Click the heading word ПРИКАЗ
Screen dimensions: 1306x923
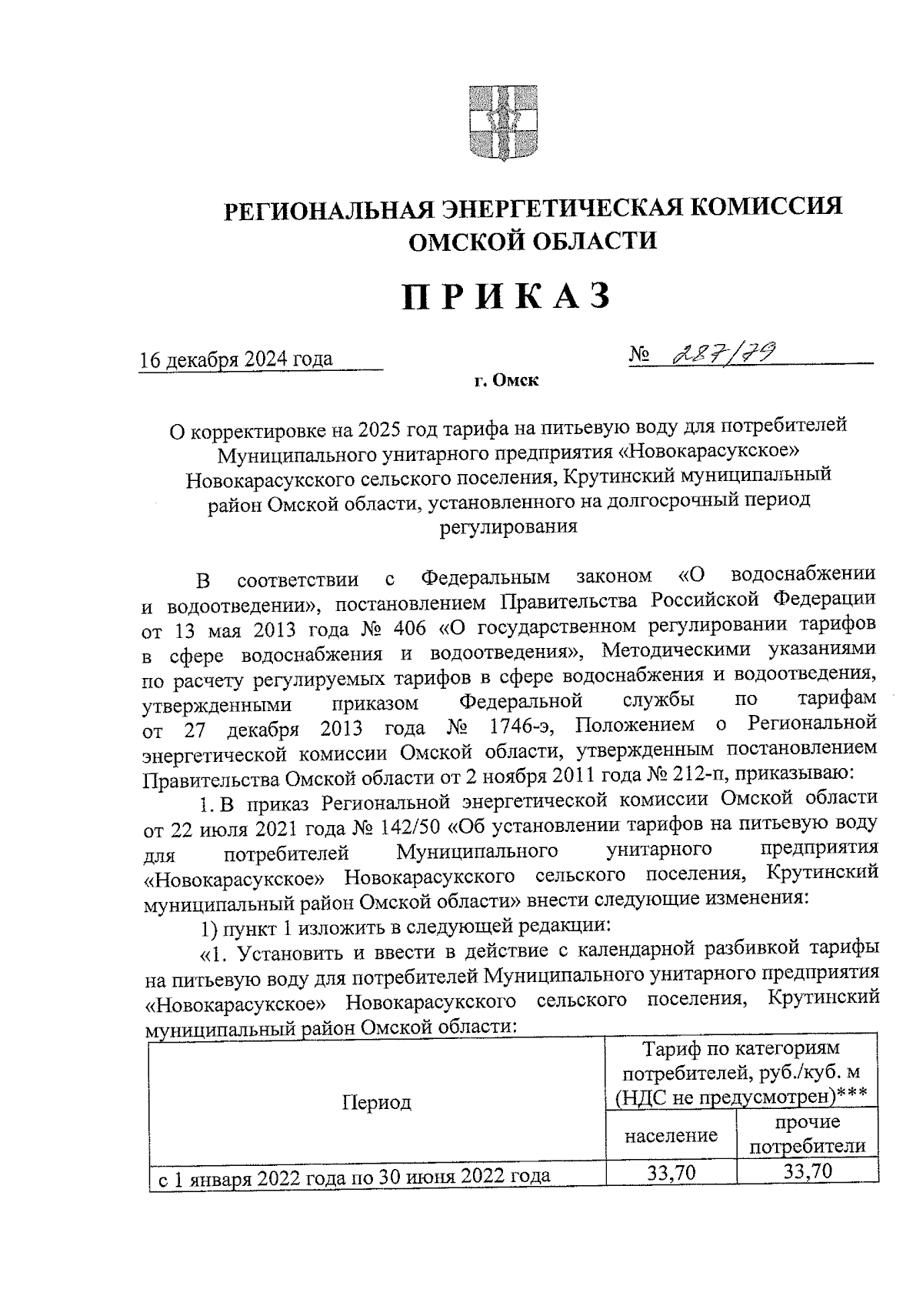507,297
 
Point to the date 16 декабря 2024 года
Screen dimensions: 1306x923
237,359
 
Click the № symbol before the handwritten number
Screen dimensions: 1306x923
640,355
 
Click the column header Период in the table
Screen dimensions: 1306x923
377,1102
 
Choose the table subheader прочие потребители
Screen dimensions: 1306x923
808,1134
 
